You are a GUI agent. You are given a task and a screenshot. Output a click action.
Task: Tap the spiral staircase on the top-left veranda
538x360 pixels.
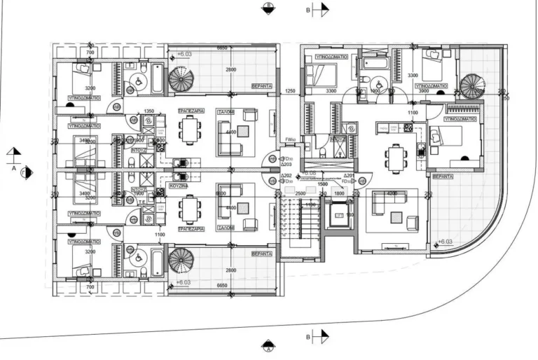(181, 78)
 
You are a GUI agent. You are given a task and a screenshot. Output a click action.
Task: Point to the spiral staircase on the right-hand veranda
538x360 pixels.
(472, 86)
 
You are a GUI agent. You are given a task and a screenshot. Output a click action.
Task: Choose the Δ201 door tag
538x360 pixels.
(350, 176)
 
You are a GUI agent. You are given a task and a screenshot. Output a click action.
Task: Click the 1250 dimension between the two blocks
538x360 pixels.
(291, 92)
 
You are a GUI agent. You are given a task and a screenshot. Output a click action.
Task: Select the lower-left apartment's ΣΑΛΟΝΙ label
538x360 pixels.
(242, 228)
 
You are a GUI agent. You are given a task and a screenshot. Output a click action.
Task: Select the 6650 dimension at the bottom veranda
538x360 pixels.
(223, 286)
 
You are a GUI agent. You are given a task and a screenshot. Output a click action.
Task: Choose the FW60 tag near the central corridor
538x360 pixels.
(290, 139)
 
